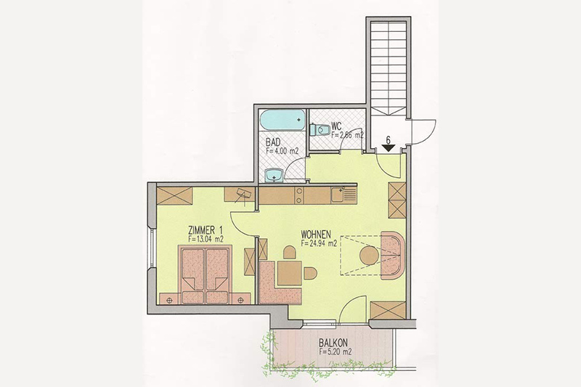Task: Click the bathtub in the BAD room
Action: (283, 120)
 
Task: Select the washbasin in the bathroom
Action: (275, 175)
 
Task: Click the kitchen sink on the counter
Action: (338, 195)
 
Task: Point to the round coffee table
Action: (370, 256)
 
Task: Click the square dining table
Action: (290, 273)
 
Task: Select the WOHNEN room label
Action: (316, 235)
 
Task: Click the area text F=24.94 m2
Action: (319, 243)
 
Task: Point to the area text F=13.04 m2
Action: (206, 240)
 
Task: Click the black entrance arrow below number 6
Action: (388, 149)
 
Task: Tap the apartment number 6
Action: (388, 140)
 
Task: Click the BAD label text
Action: (273, 142)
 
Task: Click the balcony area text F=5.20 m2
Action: (336, 351)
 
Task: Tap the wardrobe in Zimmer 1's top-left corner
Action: (174, 195)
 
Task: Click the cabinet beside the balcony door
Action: (389, 310)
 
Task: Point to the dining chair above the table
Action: (290, 253)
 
